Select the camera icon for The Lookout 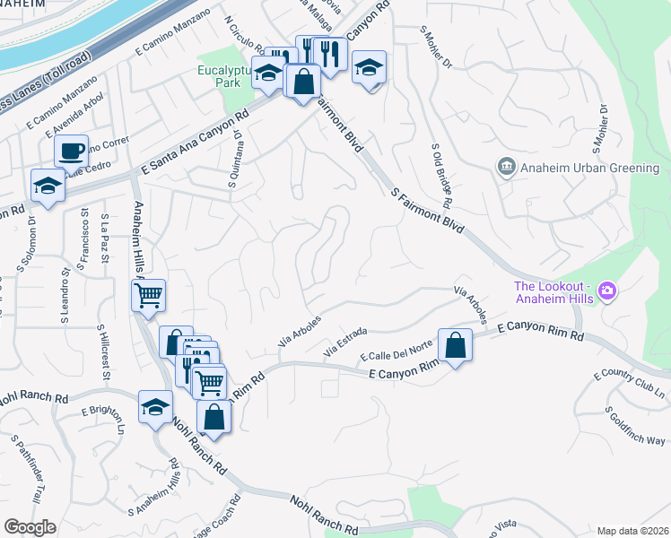point(608,290)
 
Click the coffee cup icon point(71,150)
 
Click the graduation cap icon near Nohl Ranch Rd point(155,406)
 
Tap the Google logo point(30,527)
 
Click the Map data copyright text point(632,531)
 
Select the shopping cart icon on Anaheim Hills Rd point(149,294)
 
